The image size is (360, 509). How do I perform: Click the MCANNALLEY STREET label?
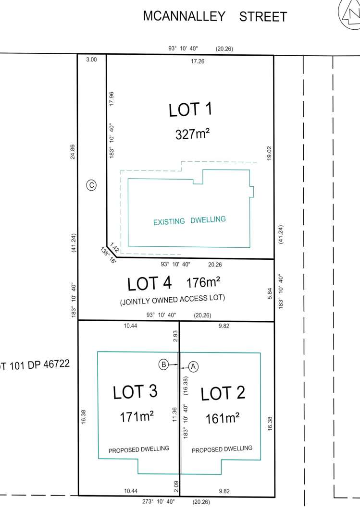[215, 16]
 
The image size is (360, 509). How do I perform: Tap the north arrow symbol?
[350, 11]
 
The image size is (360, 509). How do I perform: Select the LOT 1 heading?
[190, 110]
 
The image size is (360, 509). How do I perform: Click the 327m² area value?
[193, 134]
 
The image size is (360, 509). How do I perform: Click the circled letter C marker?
[91, 184]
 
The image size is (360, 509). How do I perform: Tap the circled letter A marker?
[193, 366]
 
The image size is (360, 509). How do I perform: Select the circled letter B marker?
[164, 365]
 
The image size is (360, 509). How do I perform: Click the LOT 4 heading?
[149, 284]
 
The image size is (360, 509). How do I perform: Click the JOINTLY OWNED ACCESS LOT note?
[172, 298]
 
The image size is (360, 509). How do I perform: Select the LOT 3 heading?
[135, 392]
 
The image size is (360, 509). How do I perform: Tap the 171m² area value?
[137, 417]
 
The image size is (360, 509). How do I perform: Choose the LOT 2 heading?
[223, 394]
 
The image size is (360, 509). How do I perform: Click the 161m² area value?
[223, 418]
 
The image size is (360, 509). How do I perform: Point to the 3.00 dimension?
[91, 60]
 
